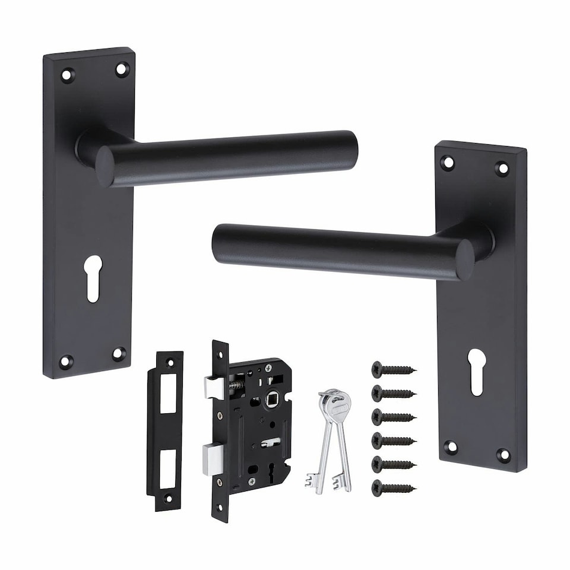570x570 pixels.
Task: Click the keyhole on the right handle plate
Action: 476,371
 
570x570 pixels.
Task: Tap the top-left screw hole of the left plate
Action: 66,75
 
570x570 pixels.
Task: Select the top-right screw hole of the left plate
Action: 122,69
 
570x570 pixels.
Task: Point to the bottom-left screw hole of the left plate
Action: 65,360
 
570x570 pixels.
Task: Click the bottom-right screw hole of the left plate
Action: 119,354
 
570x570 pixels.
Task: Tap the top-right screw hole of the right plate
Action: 502,168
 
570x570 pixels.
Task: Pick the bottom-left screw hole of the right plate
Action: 451,446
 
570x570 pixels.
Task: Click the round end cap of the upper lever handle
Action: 104,166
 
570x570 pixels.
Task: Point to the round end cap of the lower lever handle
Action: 465,259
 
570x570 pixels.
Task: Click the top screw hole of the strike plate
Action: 170,362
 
